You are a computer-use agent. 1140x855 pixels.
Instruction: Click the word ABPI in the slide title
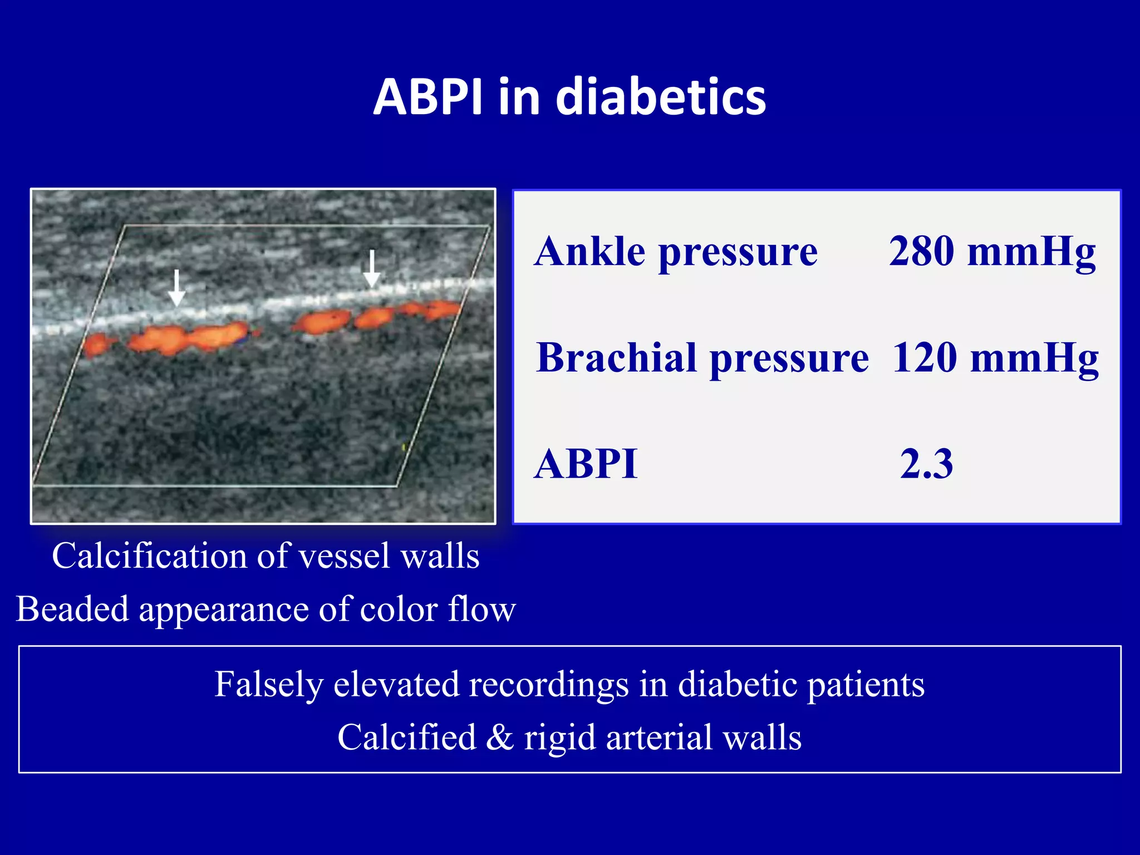tap(427, 97)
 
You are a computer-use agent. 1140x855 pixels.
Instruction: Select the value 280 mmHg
tap(992, 252)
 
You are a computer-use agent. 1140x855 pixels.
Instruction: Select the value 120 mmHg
tap(995, 357)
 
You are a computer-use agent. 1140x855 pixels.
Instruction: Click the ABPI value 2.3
tap(926, 464)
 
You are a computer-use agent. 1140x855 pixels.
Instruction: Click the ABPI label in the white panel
tap(586, 464)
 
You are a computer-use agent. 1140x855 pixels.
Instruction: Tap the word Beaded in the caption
tap(72, 609)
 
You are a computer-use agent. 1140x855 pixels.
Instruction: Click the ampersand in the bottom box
tap(500, 737)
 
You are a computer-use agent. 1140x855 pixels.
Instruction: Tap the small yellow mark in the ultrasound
tap(404, 446)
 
